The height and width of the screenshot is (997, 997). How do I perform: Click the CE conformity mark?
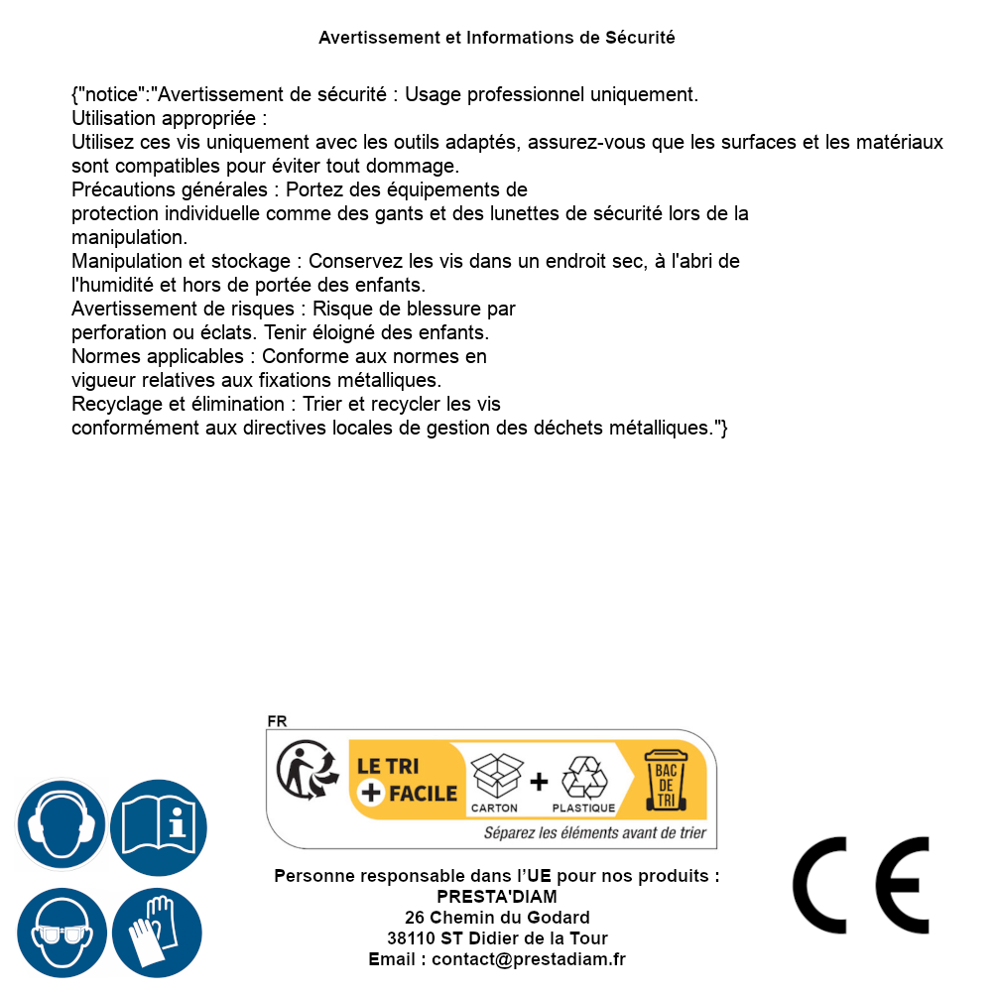861,885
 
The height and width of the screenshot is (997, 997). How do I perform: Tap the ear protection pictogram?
61,824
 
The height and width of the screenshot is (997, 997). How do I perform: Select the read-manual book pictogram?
158,824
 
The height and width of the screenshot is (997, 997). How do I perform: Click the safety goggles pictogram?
61,933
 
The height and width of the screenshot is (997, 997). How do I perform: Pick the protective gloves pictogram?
157,933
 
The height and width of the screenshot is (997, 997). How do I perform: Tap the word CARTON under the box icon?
494,809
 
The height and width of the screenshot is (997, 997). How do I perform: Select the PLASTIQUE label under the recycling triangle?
583,809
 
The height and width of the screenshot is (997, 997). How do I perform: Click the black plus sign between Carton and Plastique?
538,782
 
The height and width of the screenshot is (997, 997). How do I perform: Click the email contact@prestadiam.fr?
529,959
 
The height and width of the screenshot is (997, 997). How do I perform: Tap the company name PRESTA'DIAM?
497,897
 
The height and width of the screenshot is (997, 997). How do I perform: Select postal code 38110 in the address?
409,938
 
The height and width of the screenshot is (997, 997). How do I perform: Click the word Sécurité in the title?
640,38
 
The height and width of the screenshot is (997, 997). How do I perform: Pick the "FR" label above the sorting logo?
277,721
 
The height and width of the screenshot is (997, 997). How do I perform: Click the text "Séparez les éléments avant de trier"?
595,832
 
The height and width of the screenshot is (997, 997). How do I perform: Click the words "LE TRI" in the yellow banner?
388,766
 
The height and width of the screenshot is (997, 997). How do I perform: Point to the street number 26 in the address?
415,918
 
